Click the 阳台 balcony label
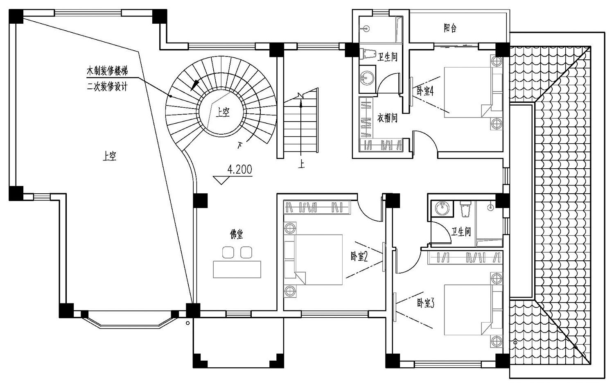click(450, 28)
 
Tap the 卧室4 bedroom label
click(425, 91)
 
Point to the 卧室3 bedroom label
click(426, 303)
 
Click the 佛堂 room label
click(236, 234)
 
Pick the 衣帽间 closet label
click(387, 118)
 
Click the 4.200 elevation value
click(239, 170)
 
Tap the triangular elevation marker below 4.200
click(221, 180)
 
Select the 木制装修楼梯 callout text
click(107, 71)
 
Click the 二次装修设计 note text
click(107, 87)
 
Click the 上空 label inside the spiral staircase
click(222, 112)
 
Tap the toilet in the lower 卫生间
click(465, 209)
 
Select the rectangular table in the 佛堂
click(237, 269)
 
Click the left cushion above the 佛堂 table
click(228, 252)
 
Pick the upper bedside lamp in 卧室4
click(497, 61)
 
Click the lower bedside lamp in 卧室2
click(290, 291)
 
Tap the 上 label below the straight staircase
click(301, 164)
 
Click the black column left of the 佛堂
click(201, 201)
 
